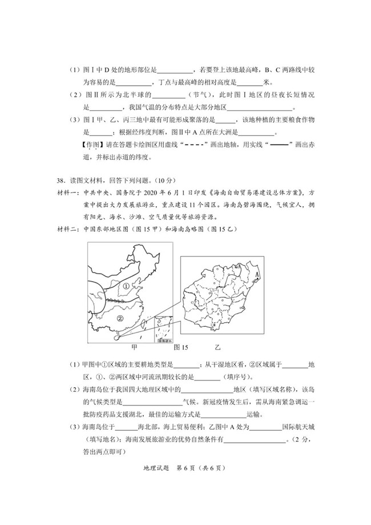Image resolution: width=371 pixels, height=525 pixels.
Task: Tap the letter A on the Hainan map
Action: click(257, 274)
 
